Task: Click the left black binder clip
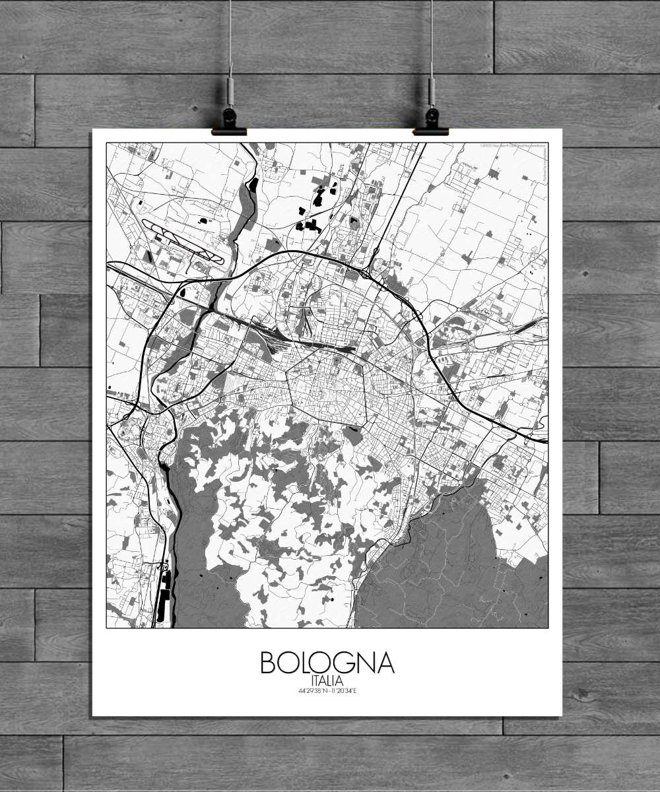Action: click(x=229, y=123)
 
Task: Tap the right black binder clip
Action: click(x=431, y=123)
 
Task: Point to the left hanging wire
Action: click(x=230, y=33)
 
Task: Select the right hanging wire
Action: click(x=432, y=33)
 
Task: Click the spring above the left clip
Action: click(x=230, y=91)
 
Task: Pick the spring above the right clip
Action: click(x=432, y=91)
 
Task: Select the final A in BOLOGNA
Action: click(x=384, y=663)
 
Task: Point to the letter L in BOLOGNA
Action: click(x=309, y=663)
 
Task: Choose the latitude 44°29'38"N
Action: click(x=311, y=691)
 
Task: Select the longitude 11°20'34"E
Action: click(x=344, y=691)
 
